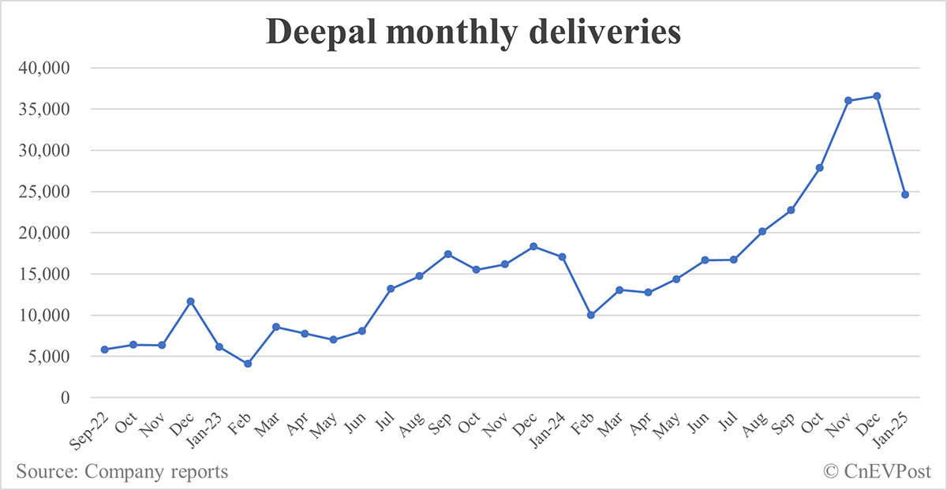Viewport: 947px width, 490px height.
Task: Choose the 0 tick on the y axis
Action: pyautogui.click(x=66, y=398)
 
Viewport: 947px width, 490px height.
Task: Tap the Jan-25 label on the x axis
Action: pyautogui.click(x=896, y=427)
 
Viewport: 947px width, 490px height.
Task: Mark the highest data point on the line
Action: pyautogui.click(x=877, y=96)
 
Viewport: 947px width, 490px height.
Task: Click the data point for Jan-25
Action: pyautogui.click(x=905, y=194)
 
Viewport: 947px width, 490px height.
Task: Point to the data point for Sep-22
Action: pyautogui.click(x=105, y=350)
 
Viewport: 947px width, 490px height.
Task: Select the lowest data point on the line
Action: pyautogui.click(x=248, y=364)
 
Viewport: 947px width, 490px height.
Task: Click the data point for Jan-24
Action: pyautogui.click(x=562, y=257)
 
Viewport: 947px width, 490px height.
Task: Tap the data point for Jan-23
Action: pyautogui.click(x=219, y=347)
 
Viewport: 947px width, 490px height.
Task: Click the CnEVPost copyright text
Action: pyautogui.click(x=878, y=472)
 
